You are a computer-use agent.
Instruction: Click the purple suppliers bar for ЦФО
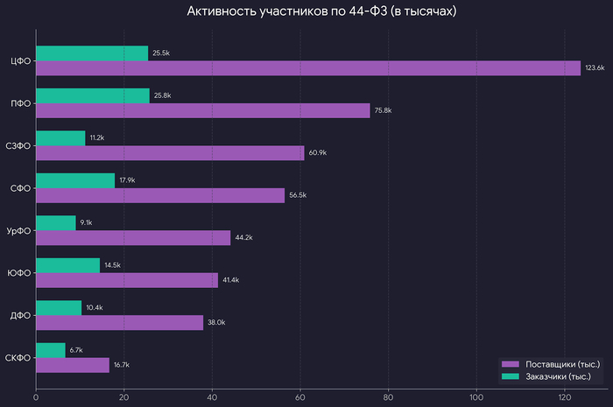[307, 68]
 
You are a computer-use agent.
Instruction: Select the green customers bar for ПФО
[92, 95]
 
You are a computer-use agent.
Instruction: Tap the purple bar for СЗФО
[170, 153]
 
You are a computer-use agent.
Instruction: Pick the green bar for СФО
[75, 180]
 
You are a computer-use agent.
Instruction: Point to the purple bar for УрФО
[133, 238]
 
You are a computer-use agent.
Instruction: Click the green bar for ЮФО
[67, 265]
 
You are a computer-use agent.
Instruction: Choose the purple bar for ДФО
[119, 322]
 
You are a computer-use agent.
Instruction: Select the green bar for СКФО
[51, 350]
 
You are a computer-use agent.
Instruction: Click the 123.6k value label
[595, 68]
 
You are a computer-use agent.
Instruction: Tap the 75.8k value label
[384, 110]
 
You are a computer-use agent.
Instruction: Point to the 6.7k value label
[76, 350]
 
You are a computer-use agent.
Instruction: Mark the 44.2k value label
[244, 238]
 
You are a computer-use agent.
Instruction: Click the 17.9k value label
[128, 180]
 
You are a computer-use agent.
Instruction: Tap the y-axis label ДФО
[20, 315]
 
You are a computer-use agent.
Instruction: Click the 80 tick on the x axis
[388, 398]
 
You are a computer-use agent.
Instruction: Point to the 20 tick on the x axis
[123, 398]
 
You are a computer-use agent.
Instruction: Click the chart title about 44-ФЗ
[321, 12]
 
